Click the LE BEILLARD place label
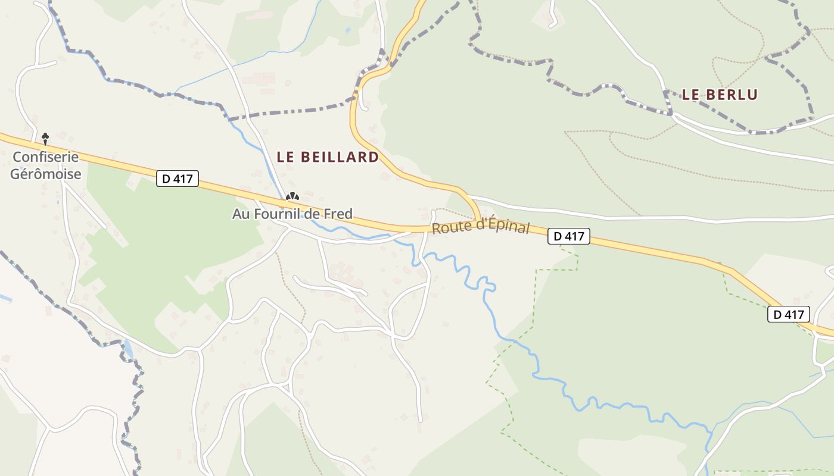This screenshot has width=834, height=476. tap(328, 157)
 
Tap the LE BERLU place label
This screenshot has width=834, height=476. tap(720, 95)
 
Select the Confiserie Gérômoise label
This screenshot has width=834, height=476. tap(46, 165)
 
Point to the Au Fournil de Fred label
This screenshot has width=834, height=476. tap(292, 214)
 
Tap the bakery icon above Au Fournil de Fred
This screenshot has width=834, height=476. tap(292, 196)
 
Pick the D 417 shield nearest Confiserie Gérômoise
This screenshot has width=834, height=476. tap(178, 178)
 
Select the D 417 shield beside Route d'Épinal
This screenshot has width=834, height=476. tap(568, 236)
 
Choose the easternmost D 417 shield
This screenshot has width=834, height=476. tap(789, 314)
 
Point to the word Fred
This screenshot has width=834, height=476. tap(338, 214)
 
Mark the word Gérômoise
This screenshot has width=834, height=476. tap(46, 174)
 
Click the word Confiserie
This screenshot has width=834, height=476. tap(46, 157)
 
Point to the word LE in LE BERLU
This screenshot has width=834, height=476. tap(690, 95)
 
